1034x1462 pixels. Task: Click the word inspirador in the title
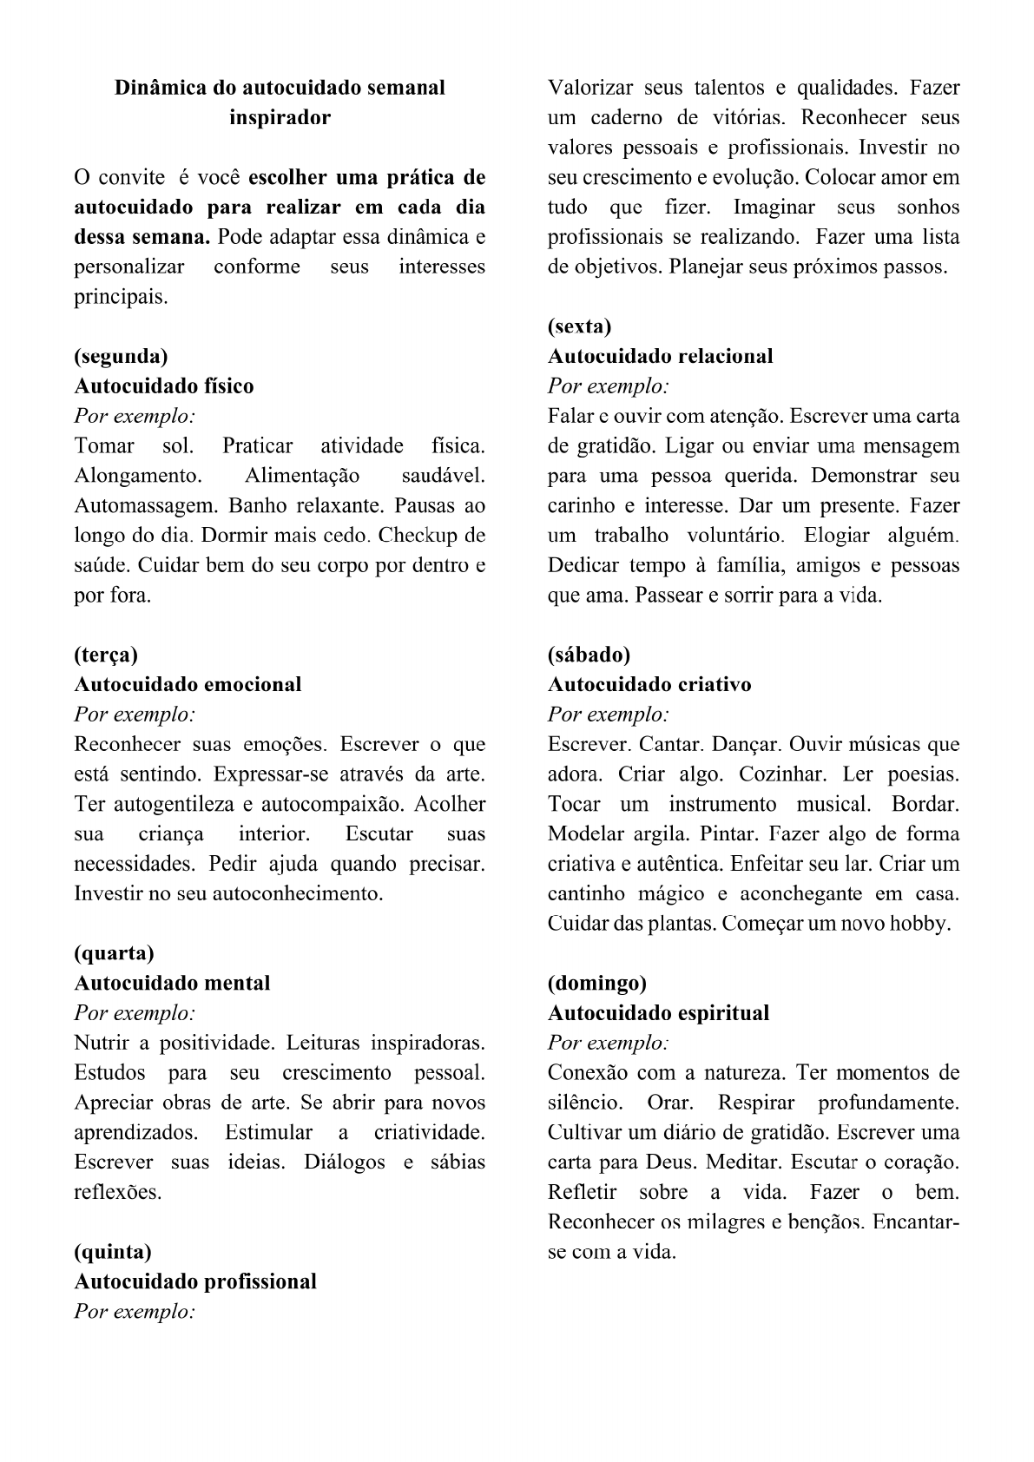tap(280, 117)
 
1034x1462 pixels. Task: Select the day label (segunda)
tap(121, 356)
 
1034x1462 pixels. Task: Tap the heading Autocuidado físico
tap(164, 386)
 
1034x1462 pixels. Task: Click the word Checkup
tap(417, 536)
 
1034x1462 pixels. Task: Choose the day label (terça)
tap(106, 655)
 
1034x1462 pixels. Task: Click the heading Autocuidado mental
tap(172, 983)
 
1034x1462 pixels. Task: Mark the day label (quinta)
tap(113, 1252)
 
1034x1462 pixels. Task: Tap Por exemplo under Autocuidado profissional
tap(135, 1311)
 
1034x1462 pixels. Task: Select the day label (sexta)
tap(579, 326)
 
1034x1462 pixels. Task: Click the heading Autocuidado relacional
tap(660, 356)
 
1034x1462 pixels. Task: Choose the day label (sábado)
tap(589, 655)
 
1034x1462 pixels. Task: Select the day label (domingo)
tap(597, 983)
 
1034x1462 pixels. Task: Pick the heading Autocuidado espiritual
tap(658, 1013)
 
